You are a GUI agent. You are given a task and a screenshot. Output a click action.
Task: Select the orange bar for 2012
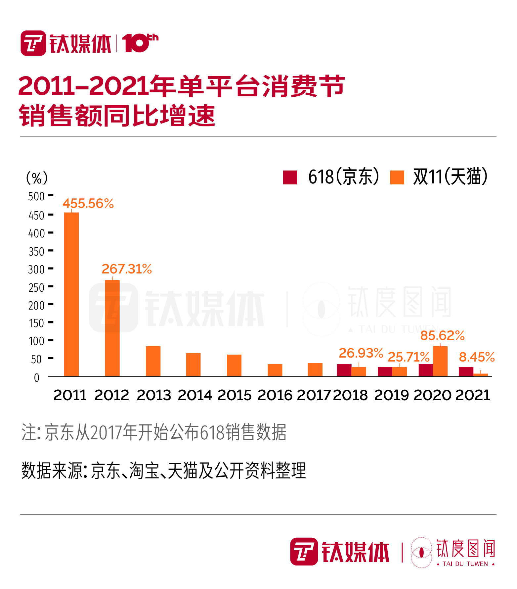pos(112,328)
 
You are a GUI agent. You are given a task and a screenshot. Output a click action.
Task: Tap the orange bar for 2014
pos(193,365)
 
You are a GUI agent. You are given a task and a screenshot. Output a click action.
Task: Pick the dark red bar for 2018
pos(344,370)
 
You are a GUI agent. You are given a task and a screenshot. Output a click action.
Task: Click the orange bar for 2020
pos(440,361)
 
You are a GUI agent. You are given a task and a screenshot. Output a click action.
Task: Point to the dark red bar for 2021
pos(466,371)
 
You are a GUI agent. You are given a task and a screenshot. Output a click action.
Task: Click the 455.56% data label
pos(88,203)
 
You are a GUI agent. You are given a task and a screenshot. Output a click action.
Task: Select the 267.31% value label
pos(127,269)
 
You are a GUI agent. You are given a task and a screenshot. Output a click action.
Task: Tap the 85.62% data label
pos(442,335)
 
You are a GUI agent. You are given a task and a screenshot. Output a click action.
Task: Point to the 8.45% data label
pos(477,357)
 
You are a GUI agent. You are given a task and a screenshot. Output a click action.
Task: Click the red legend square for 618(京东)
pos(290,177)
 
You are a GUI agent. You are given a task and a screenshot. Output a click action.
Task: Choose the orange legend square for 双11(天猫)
pos(397,177)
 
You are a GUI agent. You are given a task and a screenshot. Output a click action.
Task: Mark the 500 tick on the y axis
pos(36,196)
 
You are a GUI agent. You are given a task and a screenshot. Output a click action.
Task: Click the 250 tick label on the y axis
pos(36,288)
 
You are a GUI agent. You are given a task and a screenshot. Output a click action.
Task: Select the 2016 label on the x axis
pos(275,395)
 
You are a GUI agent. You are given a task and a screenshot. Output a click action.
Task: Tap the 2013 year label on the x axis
pos(154,395)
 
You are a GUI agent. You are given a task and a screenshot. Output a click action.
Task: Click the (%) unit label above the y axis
pos(37,178)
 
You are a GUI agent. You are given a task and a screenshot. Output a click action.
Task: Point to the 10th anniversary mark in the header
pos(140,43)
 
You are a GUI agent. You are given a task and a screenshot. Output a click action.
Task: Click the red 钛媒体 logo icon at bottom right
pos(304,552)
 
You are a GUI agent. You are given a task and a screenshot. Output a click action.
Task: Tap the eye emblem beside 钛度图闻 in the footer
pos(421,552)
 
